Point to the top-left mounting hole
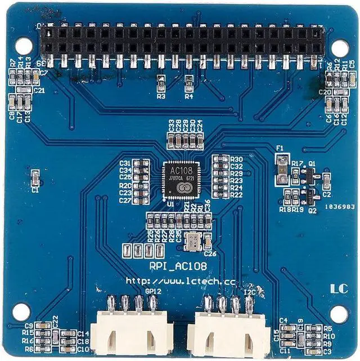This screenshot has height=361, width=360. click(x=22, y=45)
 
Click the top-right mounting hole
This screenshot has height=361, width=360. click(x=339, y=48)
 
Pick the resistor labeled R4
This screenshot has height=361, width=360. click(x=188, y=81)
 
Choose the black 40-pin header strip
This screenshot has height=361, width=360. click(x=182, y=41)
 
